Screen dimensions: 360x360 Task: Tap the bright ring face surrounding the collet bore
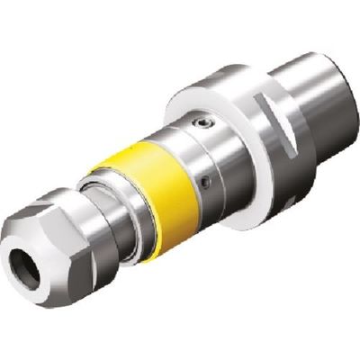point(32,256)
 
